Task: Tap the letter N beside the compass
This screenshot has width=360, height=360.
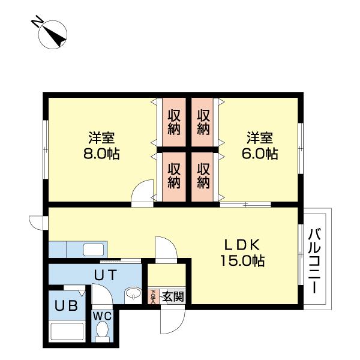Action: tap(37, 22)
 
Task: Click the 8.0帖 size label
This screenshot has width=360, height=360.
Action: tap(101, 154)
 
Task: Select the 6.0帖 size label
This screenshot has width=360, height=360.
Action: tap(260, 154)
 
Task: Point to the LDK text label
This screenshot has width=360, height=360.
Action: tap(242, 245)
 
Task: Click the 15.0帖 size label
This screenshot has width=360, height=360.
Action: tap(242, 261)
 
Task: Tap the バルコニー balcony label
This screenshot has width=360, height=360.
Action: tap(314, 261)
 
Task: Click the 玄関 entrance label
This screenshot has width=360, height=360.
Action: tap(173, 296)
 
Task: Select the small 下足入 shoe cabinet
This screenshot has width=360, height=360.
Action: tap(153, 296)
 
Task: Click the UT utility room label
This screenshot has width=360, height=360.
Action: tap(106, 275)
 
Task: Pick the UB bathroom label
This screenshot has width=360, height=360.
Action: tap(66, 306)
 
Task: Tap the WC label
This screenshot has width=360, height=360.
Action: tap(103, 317)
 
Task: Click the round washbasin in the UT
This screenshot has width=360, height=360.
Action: tap(133, 295)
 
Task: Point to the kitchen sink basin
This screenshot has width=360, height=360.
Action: tap(94, 250)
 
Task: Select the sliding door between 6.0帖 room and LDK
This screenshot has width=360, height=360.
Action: tap(245, 205)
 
